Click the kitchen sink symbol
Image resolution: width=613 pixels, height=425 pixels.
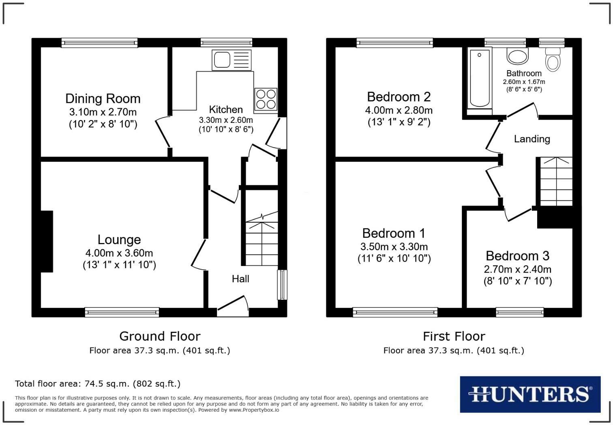coord(231,60)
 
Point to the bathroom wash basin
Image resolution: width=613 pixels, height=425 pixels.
coord(518,56)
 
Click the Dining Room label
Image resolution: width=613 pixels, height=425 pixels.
coord(103,99)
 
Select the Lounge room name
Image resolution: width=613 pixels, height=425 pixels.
coord(119,240)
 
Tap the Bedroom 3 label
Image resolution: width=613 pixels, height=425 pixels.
coord(517,256)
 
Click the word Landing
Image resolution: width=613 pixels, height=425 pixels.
coord(532,139)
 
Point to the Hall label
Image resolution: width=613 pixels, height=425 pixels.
coord(240,279)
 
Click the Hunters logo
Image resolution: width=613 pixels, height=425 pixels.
coord(530,394)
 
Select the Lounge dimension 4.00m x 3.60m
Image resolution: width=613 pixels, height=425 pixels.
coord(119,253)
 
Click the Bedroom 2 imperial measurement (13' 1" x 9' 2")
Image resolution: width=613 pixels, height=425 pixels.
coord(399,122)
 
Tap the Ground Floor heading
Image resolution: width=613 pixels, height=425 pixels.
coord(160,336)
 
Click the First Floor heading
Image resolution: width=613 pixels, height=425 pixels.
coord(454,336)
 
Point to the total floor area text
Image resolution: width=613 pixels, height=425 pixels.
coord(98,384)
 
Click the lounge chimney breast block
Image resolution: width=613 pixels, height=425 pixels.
coord(47,241)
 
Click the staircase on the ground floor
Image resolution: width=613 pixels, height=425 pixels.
coord(262,239)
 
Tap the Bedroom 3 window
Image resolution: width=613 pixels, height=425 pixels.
coord(520,312)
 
